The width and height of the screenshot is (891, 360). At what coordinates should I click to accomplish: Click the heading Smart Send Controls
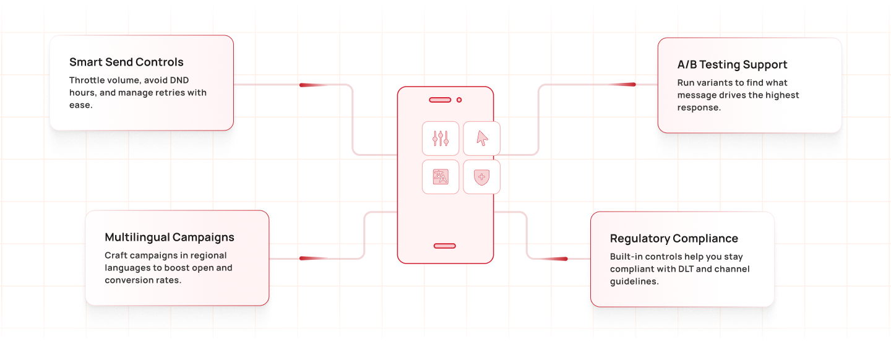click(126, 62)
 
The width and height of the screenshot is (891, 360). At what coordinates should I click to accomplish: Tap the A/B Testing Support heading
click(732, 64)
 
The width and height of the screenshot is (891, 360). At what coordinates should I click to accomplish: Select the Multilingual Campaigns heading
click(170, 237)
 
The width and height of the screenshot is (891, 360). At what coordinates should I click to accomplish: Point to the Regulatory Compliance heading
click(674, 238)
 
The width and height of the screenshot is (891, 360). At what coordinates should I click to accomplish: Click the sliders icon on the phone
click(441, 138)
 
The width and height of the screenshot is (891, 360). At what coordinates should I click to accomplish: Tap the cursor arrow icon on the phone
click(481, 138)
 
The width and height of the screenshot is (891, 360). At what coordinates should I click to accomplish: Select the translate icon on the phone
click(441, 177)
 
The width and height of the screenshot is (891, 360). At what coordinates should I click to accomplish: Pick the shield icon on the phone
click(481, 177)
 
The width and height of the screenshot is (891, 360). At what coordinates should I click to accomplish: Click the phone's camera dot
click(459, 100)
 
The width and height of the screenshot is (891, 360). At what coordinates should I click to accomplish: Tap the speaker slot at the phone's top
click(440, 100)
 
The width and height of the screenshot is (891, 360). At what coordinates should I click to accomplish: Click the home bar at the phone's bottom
click(444, 246)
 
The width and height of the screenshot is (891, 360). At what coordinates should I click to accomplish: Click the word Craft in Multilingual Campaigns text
click(116, 255)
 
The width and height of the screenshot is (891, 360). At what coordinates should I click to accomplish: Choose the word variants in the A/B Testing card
click(718, 83)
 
